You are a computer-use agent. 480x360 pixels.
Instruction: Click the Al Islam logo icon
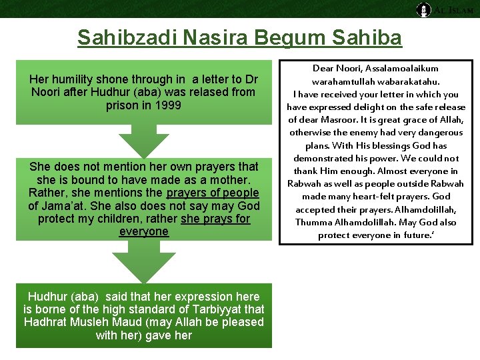click(423, 9)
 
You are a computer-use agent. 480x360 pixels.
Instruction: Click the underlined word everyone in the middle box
click(144, 232)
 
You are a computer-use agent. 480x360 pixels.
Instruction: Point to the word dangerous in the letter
click(433, 133)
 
